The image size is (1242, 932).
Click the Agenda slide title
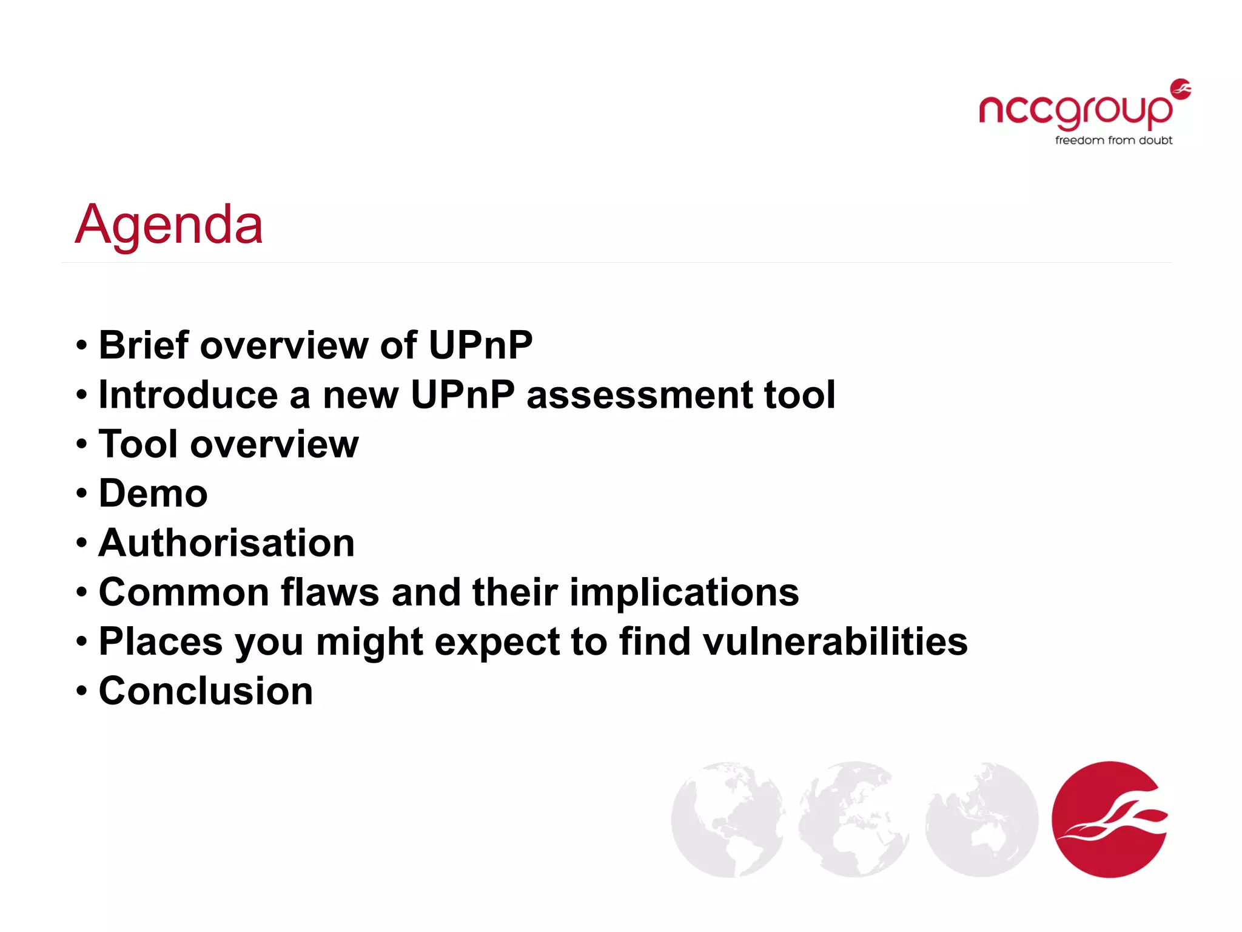169,225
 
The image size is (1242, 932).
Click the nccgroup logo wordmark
1075,111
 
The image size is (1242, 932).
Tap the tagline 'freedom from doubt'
1113,140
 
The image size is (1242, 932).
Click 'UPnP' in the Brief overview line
480,345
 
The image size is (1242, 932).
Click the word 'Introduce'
188,394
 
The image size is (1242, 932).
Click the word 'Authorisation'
226,542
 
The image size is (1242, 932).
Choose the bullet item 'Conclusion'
206,691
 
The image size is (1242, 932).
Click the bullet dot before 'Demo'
82,493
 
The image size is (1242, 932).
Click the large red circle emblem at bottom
1109,819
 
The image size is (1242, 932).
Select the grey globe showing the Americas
727,819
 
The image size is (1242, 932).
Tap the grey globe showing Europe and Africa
854,819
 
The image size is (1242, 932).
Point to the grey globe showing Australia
981,819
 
